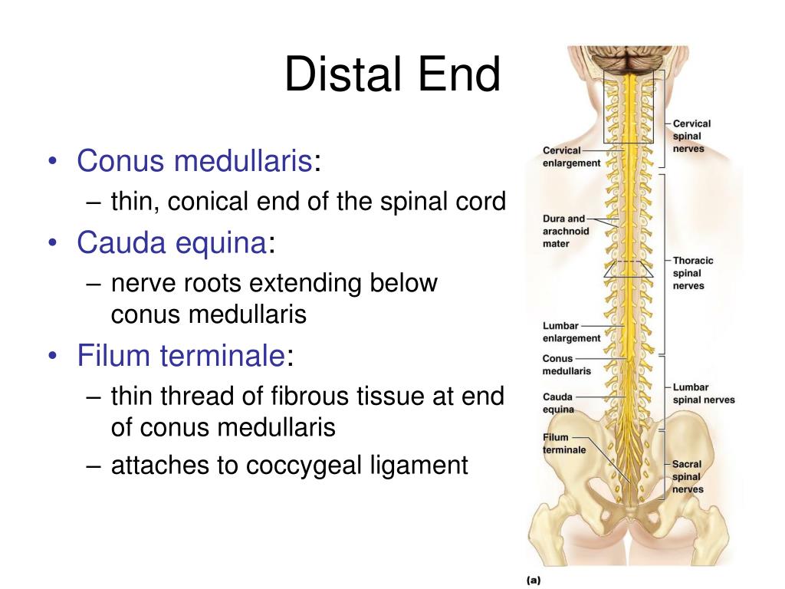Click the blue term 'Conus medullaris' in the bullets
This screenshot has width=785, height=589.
pyautogui.click(x=195, y=162)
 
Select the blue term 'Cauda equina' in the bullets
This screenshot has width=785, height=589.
pyautogui.click(x=171, y=243)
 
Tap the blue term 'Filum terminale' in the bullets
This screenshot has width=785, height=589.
pyautogui.click(x=181, y=356)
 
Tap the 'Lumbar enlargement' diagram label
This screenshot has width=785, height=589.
pyautogui.click(x=571, y=331)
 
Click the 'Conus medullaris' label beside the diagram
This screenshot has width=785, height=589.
pyautogui.click(x=567, y=364)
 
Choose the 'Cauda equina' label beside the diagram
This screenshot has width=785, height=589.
pyautogui.click(x=558, y=403)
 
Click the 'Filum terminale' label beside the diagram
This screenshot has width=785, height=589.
pyautogui.click(x=563, y=443)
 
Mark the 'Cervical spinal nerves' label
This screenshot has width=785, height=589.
pyautogui.click(x=691, y=136)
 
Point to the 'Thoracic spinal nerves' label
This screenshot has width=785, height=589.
pyautogui.click(x=692, y=273)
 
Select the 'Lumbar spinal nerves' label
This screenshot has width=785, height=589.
pyautogui.click(x=703, y=393)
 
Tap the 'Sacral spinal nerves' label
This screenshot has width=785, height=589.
pyautogui.click(x=687, y=476)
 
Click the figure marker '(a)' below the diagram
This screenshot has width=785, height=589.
pyautogui.click(x=533, y=580)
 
